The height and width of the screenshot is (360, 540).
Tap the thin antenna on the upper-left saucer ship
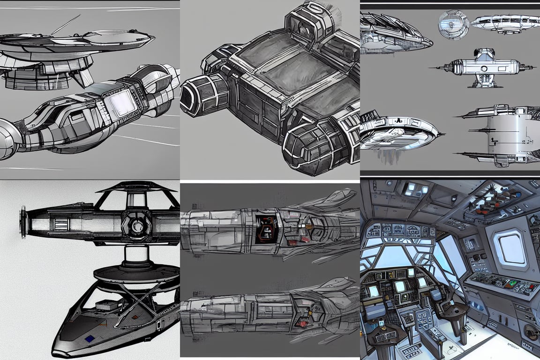pos(66,24)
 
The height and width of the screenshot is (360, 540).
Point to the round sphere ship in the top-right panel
pos(453,24)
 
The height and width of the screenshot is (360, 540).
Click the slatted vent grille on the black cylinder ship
pos(61,224)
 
